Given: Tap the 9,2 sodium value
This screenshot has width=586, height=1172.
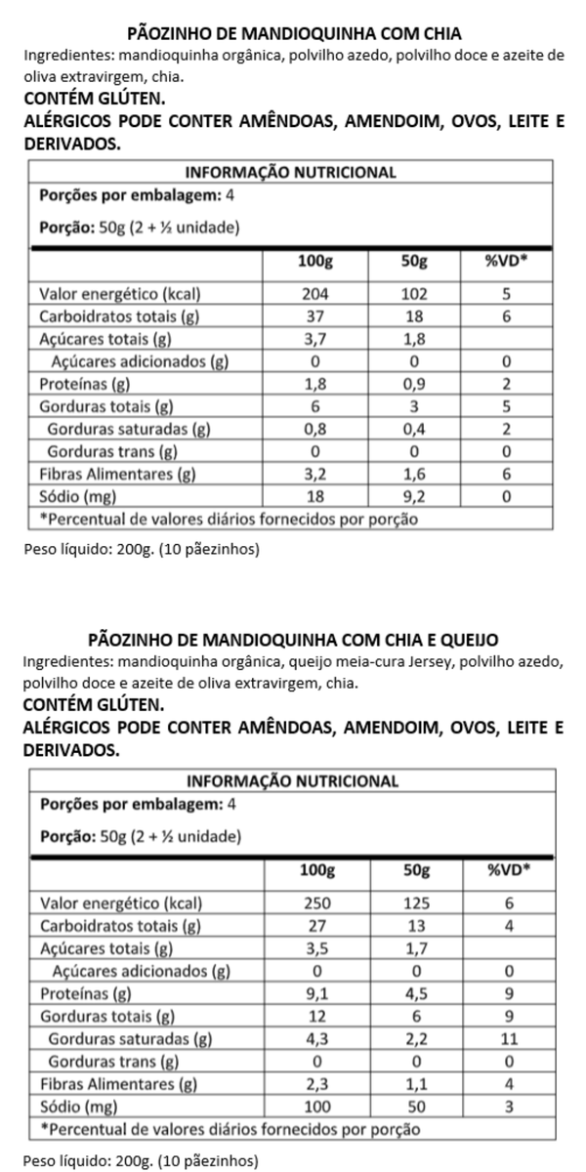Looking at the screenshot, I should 414,497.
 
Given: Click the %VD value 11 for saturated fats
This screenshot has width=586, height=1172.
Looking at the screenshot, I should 505,1040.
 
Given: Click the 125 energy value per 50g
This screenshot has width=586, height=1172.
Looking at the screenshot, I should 414,904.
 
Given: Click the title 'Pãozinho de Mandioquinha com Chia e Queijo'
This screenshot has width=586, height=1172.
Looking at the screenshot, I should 293,640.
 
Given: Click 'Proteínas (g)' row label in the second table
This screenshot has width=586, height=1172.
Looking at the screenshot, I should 86,995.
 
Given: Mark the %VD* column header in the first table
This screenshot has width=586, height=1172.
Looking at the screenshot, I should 505,262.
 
